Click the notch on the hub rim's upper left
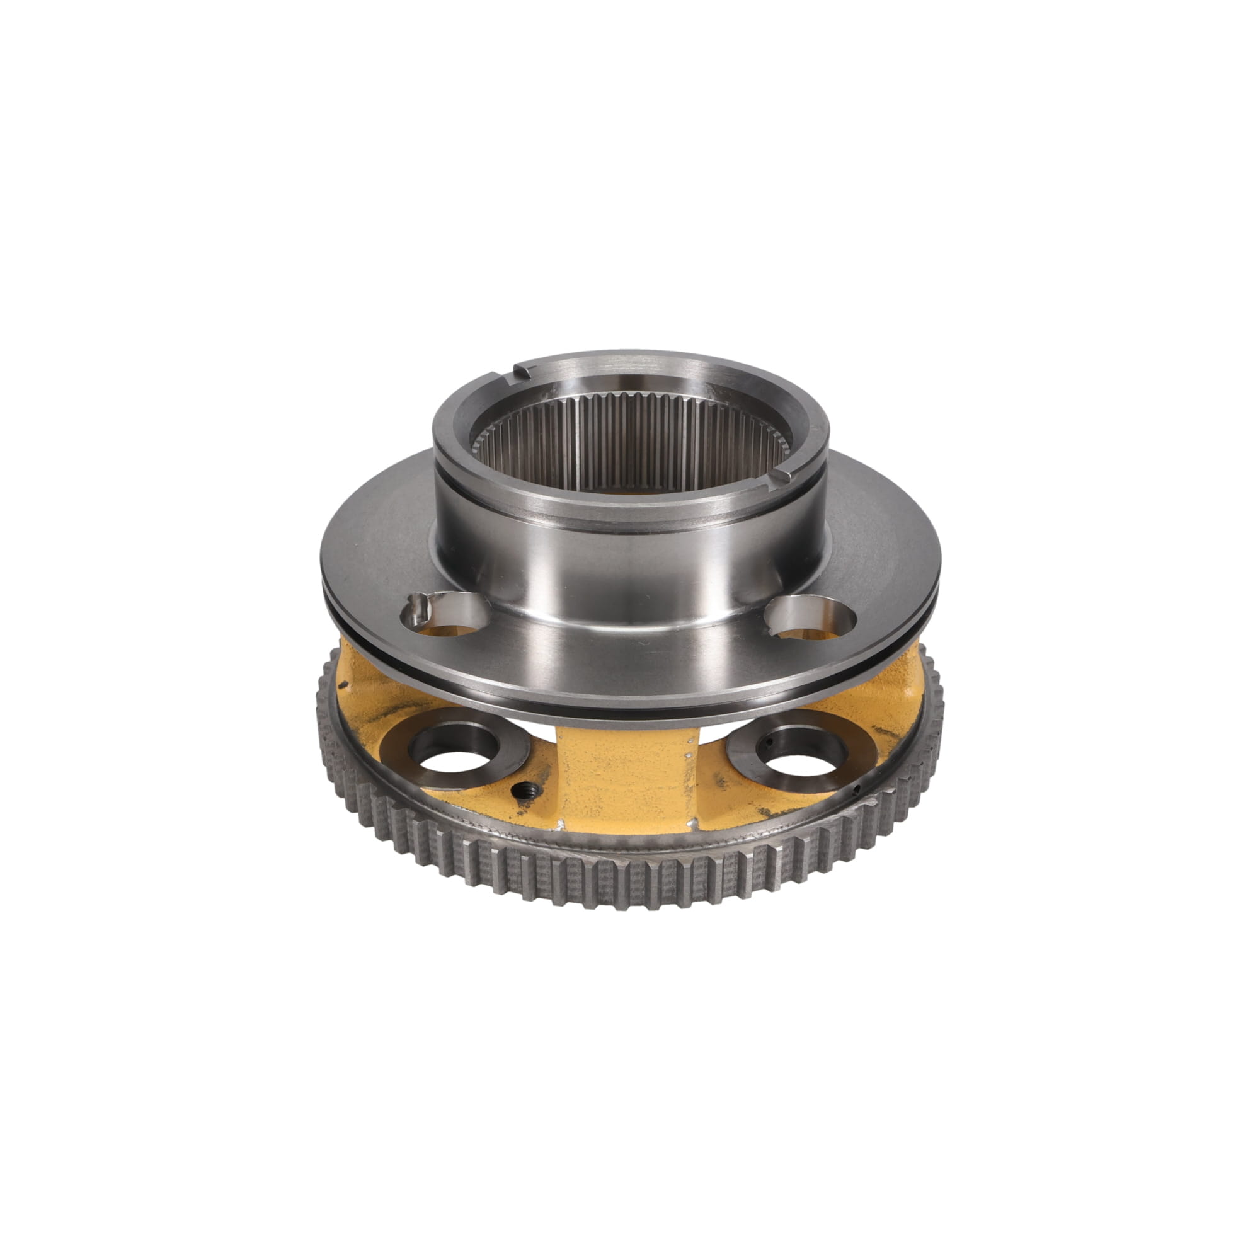click(522, 372)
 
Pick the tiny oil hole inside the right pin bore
click(770, 743)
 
